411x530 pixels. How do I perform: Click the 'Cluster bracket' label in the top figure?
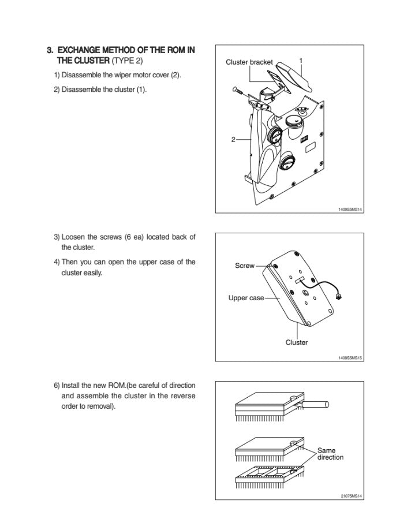(249, 62)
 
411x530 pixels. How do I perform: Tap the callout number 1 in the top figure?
(301, 59)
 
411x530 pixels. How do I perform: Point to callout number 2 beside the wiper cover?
(233, 139)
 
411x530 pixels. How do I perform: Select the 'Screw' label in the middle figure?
(244, 266)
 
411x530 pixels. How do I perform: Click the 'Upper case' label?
(246, 298)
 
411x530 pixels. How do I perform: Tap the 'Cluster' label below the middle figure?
(297, 342)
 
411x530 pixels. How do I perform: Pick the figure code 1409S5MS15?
(350, 358)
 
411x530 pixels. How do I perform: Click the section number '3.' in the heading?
(50, 50)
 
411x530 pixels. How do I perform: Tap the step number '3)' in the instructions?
(57, 237)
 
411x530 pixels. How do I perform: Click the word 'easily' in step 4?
(92, 273)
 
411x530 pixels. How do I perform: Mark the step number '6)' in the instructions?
(57, 385)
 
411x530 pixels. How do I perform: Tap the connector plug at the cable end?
(339, 297)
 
